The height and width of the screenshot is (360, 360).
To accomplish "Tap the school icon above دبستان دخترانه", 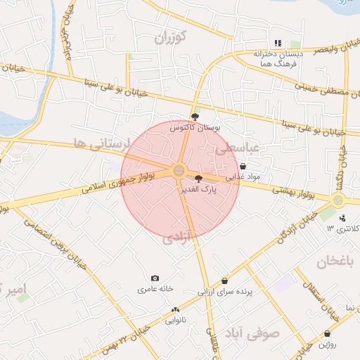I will pos(278,43).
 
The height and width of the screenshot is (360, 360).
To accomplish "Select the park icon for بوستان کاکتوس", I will pos(195,117).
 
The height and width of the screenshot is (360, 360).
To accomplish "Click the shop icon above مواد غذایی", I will pos(243,167).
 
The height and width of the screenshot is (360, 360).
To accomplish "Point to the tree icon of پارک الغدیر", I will pos(198,179).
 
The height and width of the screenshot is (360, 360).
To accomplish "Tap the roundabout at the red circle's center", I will pos(179,170).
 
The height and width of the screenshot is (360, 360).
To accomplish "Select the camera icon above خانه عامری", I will pos(155,278).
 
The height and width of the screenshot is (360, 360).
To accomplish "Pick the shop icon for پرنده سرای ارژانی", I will pos(224,281).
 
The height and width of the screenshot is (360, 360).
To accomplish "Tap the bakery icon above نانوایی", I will pos(175,309).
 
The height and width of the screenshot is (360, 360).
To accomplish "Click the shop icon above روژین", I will pos(327,333).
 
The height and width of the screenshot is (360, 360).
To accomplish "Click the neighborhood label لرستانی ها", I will pos(101,145).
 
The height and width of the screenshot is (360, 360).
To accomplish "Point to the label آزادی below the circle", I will pos(178,240).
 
